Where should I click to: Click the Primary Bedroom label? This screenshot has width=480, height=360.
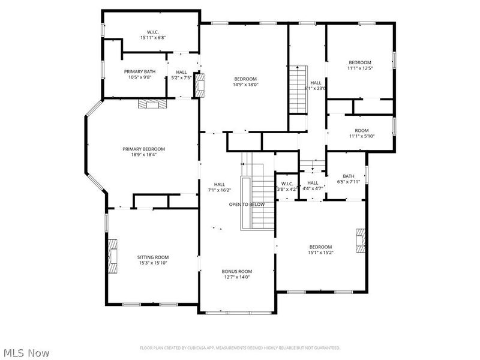click(143, 149)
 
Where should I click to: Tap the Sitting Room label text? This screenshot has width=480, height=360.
click(153, 257)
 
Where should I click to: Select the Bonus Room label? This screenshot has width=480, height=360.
click(236, 271)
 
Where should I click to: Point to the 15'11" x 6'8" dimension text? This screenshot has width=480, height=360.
click(152, 37)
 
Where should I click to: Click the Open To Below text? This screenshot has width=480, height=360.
click(246, 205)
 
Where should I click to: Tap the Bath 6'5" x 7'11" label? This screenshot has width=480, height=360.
click(349, 179)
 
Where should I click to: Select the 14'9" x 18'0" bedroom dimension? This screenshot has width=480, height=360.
click(245, 85)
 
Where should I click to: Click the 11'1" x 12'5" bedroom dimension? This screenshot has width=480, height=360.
click(360, 68)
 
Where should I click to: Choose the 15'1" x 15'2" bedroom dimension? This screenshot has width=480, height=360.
click(320, 253)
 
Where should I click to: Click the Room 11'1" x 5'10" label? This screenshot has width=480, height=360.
click(361, 134)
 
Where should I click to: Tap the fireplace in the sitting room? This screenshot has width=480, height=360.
click(112, 256)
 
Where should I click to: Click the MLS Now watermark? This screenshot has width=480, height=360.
click(26, 353)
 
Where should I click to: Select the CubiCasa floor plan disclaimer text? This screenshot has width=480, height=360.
click(240, 347)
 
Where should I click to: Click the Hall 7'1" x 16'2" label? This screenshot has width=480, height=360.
click(220, 187)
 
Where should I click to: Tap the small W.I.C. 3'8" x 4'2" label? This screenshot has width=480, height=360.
click(286, 186)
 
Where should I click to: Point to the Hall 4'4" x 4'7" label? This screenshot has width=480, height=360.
click(313, 185)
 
